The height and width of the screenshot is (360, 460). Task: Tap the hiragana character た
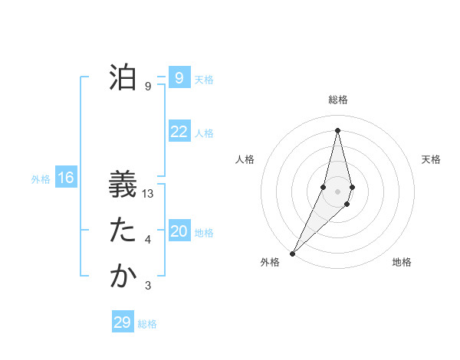122,231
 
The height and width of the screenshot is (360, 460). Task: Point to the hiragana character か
122,277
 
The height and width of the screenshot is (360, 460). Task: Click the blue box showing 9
179,77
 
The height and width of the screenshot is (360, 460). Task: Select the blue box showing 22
179,132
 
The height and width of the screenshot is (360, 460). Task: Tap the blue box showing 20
179,231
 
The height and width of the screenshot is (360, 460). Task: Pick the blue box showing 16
66,178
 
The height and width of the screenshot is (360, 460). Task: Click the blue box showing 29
122,322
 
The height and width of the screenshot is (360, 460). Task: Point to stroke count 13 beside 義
149,195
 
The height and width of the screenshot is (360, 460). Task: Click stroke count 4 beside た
148,240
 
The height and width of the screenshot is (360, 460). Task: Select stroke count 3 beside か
148,286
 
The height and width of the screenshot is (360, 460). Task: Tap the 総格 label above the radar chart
337,100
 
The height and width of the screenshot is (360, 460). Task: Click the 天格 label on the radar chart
431,159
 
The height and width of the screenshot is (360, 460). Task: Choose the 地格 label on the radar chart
402,262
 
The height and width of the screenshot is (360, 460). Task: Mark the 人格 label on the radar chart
245,159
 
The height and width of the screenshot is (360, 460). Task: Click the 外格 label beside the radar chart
270,262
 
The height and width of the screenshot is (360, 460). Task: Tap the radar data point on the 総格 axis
337,130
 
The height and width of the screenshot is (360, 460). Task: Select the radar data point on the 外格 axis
292,254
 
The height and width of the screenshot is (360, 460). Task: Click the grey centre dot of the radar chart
337,191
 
